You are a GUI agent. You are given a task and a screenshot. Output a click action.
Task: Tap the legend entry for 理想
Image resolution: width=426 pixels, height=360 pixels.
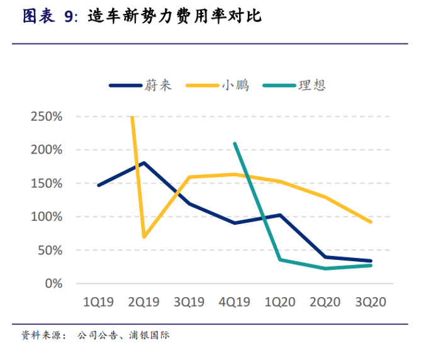point(311,85)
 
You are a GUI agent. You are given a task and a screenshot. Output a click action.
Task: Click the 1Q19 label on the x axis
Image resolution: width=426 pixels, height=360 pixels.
point(98,302)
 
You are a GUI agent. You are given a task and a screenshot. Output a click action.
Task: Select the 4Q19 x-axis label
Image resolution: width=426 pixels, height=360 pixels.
point(234,302)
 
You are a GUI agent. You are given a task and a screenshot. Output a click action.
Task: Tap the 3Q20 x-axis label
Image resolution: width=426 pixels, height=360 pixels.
point(370,302)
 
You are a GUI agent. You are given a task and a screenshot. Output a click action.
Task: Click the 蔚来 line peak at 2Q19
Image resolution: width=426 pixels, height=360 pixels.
point(144,163)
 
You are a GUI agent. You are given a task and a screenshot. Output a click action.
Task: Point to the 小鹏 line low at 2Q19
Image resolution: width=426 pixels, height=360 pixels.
point(144,237)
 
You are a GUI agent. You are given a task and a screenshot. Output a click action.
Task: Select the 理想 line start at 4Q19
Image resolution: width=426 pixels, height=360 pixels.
point(235,143)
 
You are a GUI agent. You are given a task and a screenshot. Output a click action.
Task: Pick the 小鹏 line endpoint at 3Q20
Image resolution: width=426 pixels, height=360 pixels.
point(371,222)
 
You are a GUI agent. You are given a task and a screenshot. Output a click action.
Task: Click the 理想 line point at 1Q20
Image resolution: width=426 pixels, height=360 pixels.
point(280,259)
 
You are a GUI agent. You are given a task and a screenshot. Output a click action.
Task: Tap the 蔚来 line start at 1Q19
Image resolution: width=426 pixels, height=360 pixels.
point(99,185)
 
